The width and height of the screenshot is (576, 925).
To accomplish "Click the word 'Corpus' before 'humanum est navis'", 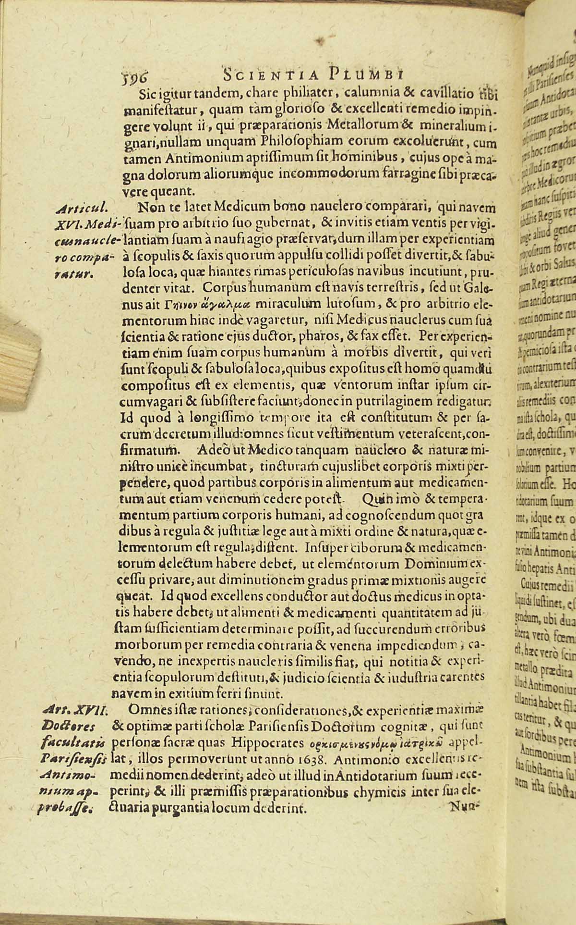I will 211,288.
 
